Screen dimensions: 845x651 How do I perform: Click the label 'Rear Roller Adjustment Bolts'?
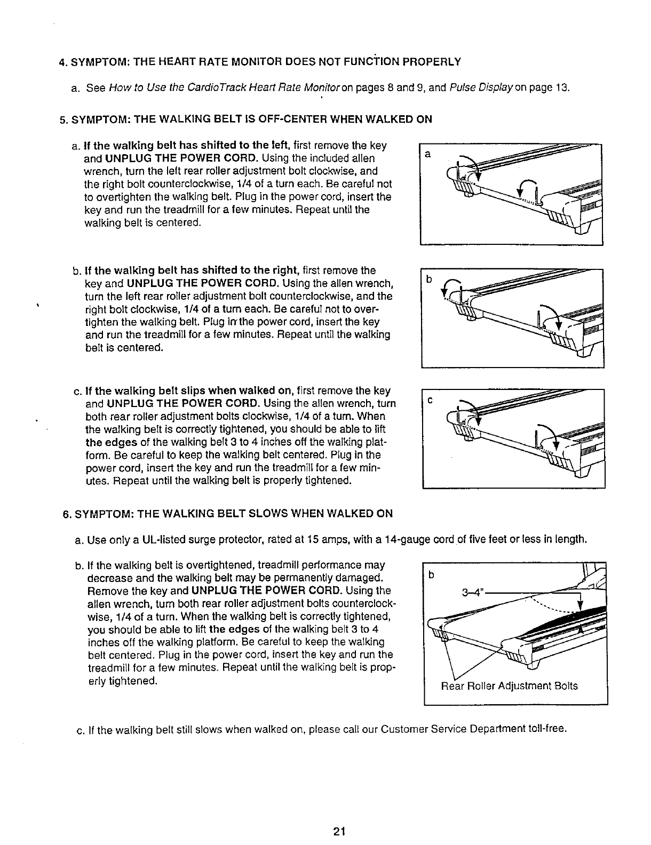[509, 686]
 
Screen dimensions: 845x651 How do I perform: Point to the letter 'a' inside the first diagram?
[427, 154]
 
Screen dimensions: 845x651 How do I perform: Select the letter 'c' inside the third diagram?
[428, 400]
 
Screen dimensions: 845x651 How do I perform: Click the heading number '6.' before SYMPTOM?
[67, 514]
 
